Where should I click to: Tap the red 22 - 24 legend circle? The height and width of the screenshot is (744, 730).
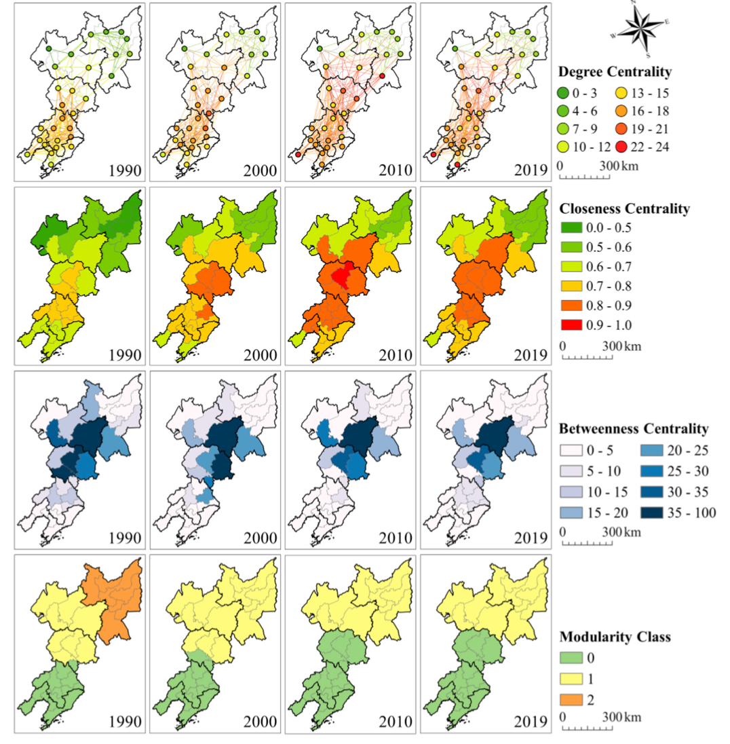click(623, 146)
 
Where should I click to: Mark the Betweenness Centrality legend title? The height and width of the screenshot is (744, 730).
click(633, 429)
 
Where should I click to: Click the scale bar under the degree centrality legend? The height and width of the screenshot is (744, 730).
click(584, 177)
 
